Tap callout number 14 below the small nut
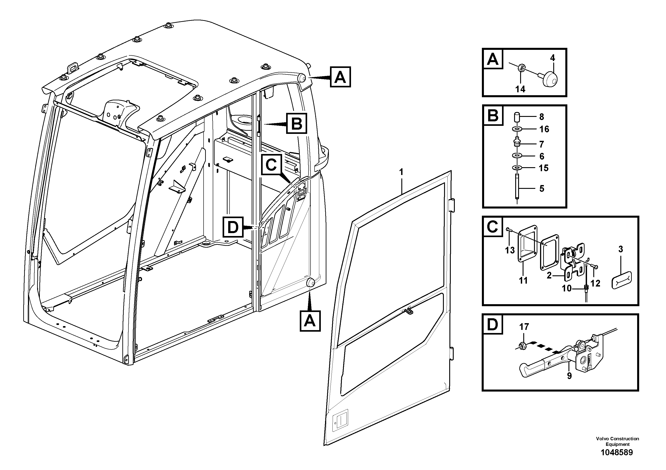(x=520, y=89)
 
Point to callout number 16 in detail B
(x=544, y=129)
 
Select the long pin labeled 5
(x=517, y=190)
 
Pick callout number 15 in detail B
(x=544, y=168)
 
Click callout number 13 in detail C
(x=510, y=250)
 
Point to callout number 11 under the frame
(x=523, y=280)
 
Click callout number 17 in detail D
(x=524, y=327)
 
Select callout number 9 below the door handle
(x=569, y=376)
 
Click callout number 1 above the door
(x=401, y=172)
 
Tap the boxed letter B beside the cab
(x=296, y=124)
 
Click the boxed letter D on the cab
(x=233, y=228)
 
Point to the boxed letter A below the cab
(x=310, y=321)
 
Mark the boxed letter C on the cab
(x=271, y=165)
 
